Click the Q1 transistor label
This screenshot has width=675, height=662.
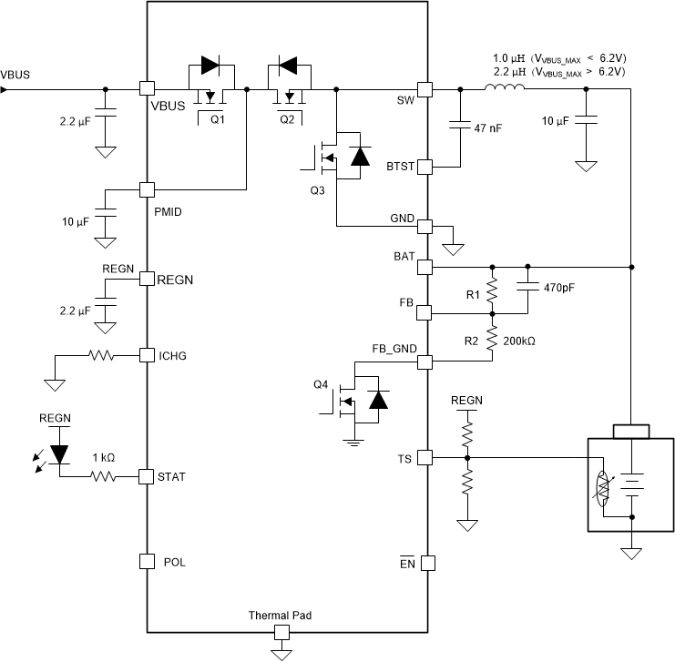click(217, 118)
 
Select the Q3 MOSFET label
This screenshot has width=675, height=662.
click(316, 191)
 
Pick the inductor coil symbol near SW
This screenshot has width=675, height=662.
click(504, 88)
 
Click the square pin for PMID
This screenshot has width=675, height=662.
click(145, 189)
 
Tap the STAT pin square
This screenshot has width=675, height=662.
click(145, 476)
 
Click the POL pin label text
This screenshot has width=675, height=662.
click(174, 562)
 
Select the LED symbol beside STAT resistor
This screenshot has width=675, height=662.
click(60, 453)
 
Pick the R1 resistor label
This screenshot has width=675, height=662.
click(472, 295)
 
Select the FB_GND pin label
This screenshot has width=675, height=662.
click(394, 347)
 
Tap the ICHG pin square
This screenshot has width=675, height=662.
click(145, 354)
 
